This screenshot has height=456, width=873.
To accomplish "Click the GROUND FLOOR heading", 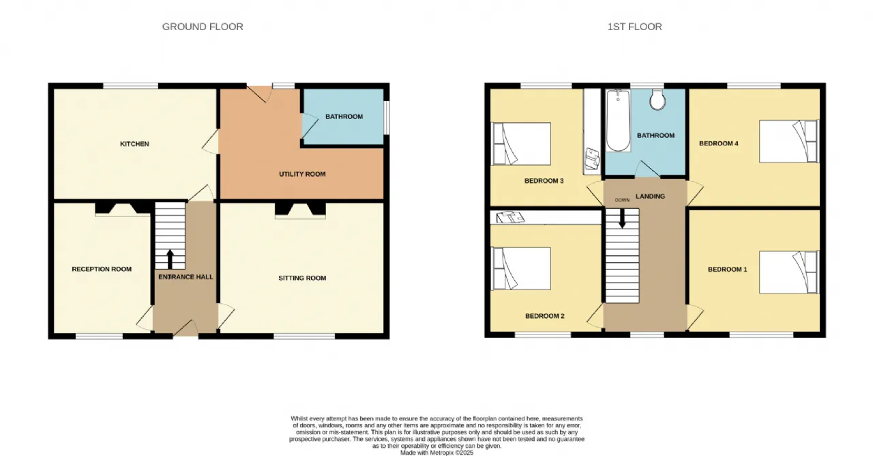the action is pos(203,27).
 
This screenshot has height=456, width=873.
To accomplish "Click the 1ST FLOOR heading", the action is pos(634,27).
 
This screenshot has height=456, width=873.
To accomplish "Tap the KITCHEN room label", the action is pos(134,144).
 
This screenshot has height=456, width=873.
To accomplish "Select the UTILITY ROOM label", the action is pos(302,174).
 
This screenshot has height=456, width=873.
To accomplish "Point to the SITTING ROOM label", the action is pos(302,278).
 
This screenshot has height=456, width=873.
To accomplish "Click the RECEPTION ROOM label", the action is pos(102,269).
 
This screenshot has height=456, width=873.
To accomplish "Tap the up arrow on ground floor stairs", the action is pos(170,259).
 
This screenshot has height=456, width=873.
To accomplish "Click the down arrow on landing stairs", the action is pos(622,218).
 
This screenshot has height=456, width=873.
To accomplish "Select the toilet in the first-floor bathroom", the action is pos(657,100).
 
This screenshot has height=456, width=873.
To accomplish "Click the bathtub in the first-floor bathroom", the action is pos(618,120).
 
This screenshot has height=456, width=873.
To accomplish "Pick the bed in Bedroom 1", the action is pos(789,272).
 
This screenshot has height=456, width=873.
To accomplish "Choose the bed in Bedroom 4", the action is pos(789,141).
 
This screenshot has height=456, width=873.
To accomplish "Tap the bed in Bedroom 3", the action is pos(521,143).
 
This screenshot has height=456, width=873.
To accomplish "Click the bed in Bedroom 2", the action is pos(521,268).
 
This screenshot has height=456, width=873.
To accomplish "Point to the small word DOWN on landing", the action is pos(622,200).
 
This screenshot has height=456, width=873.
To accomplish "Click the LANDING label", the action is pos(650,196).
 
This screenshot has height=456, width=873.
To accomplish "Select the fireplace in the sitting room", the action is pos(301,210).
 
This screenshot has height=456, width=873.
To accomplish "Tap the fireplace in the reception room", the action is pos(123,209).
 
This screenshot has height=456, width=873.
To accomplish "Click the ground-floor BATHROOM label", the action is pos(344,116).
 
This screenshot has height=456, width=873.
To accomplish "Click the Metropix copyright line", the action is pos(436,453).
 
